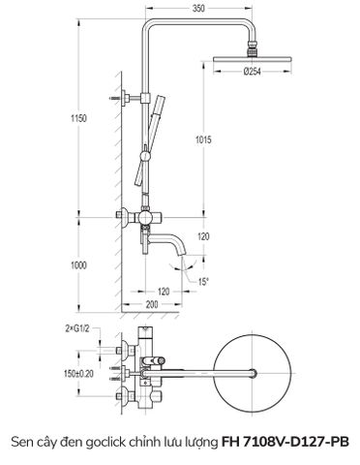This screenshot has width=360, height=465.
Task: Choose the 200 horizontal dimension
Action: click(153, 304)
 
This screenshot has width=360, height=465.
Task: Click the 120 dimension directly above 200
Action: click(164, 289)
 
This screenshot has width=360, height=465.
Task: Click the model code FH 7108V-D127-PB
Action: click(286, 442)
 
